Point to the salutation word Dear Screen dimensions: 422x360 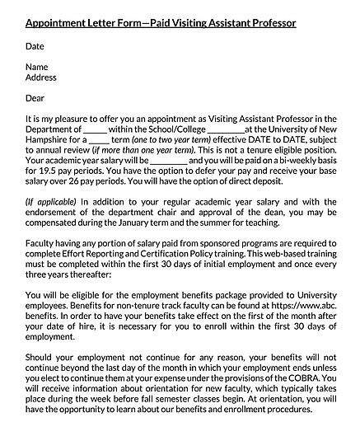(36, 97)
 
